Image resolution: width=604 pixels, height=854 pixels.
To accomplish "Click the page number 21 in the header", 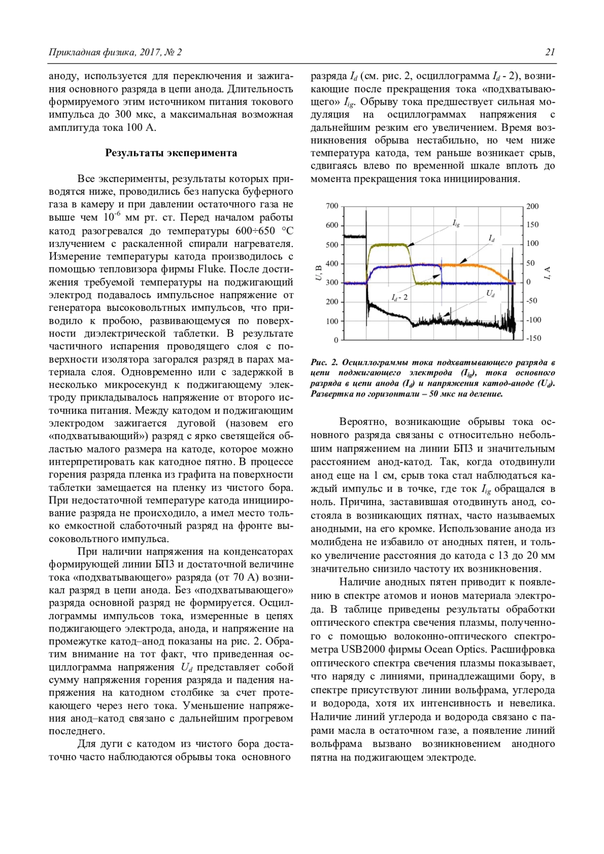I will click(x=550, y=52).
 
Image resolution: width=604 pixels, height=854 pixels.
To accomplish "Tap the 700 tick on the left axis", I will click(x=332, y=206).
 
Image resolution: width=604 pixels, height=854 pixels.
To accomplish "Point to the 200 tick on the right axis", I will click(x=533, y=206).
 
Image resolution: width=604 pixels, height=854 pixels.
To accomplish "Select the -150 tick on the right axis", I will click(x=534, y=338).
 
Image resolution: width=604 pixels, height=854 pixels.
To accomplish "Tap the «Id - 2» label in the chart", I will click(x=399, y=297).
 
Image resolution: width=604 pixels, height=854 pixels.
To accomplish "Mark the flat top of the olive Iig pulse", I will click(x=388, y=244).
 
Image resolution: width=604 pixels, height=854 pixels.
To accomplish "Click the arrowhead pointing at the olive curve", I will click(x=410, y=245).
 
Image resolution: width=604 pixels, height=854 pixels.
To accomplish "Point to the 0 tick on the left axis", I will click(x=336, y=340).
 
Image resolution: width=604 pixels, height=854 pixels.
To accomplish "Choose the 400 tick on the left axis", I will click(x=332, y=264).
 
